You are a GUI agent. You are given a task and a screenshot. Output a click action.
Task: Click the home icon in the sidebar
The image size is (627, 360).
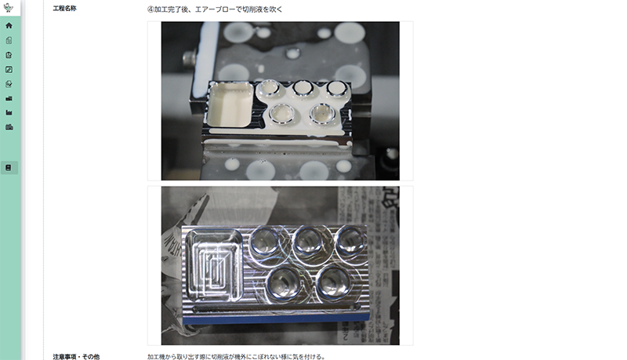pyautogui.click(x=9, y=26)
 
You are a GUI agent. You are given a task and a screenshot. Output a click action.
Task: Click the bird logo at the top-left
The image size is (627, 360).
pyautogui.click(x=8, y=7)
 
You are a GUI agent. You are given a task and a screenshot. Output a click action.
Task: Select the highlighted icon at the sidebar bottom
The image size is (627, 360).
pyautogui.click(x=9, y=168)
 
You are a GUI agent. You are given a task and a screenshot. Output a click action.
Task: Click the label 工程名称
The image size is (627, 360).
pyautogui.click(x=65, y=9)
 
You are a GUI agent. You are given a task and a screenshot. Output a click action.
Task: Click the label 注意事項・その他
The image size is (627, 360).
pyautogui.click(x=76, y=356)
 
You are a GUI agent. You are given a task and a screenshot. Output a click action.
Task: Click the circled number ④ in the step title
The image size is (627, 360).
pyautogui.click(x=150, y=9)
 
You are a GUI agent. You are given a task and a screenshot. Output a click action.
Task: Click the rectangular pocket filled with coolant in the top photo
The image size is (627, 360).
pyautogui.click(x=230, y=104)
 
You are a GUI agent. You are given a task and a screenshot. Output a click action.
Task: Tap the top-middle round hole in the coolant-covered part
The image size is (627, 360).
pyautogui.click(x=303, y=89)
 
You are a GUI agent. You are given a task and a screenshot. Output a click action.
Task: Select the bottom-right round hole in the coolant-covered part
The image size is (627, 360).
pyautogui.click(x=322, y=114)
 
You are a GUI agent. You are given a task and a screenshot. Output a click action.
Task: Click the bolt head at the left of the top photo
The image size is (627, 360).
pyautogui.click(x=190, y=58)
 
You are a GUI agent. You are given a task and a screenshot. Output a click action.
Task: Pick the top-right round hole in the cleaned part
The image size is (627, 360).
pyautogui.click(x=350, y=242)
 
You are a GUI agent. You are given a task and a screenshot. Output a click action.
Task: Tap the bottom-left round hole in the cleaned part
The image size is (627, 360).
pyautogui.click(x=285, y=284)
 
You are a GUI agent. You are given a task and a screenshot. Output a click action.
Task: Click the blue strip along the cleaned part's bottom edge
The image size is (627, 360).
pyautogui.click(x=275, y=318)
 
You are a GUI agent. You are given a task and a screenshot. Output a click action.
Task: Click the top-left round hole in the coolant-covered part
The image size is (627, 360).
pyautogui.click(x=268, y=89)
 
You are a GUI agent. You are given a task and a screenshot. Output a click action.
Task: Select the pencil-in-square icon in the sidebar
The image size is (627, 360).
pyautogui.click(x=9, y=70)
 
